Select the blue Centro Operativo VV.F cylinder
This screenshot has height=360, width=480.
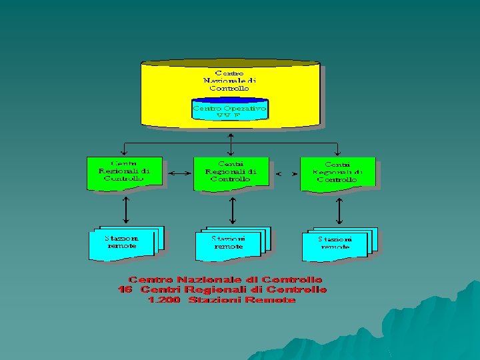[x=230, y=109]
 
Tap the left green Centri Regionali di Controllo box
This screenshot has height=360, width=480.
[x=125, y=173]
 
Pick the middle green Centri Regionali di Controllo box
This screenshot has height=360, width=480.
[x=231, y=173]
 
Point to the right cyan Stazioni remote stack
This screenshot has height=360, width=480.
[x=337, y=245]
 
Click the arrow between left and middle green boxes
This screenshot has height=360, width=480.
[x=179, y=173]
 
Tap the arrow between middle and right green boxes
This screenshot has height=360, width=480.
[x=286, y=174]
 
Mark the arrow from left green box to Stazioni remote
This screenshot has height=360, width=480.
[x=125, y=210]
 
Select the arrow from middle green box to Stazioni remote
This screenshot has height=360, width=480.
[x=231, y=210]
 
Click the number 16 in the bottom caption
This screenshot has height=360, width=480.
[x=125, y=290]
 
